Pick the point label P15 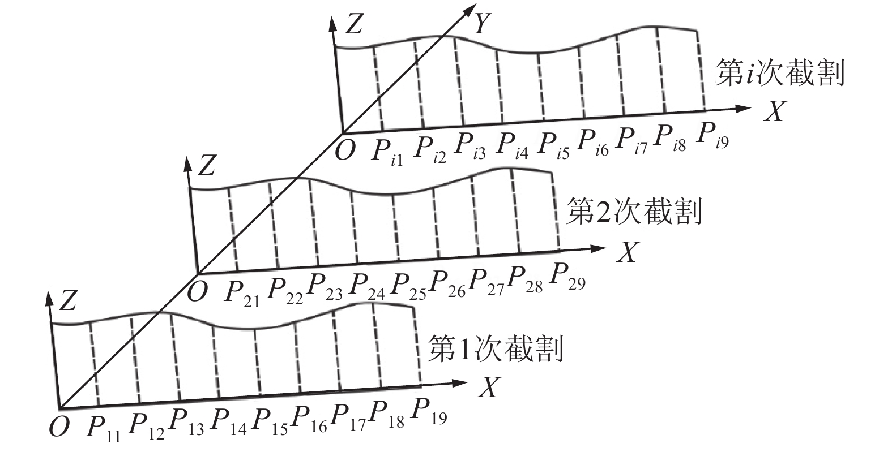268,424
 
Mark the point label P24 365,287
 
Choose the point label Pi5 553,145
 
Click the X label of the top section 774,113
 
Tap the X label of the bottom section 490,388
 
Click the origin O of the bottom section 58,428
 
